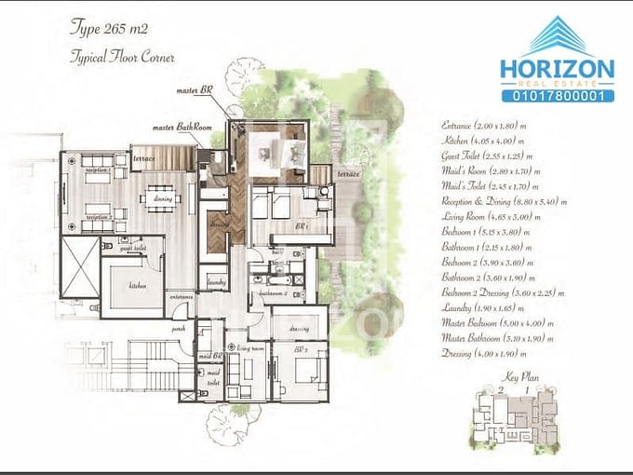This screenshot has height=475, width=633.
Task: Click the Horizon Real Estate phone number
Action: tap(557, 96)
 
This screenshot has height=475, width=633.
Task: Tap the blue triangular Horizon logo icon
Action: tap(556, 36)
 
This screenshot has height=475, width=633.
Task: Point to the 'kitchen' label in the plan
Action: tap(139, 285)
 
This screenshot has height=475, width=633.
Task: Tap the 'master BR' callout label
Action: tap(195, 91)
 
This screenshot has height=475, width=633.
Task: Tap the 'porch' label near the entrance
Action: tap(178, 328)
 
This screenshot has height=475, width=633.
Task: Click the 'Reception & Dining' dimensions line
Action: tap(504, 201)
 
